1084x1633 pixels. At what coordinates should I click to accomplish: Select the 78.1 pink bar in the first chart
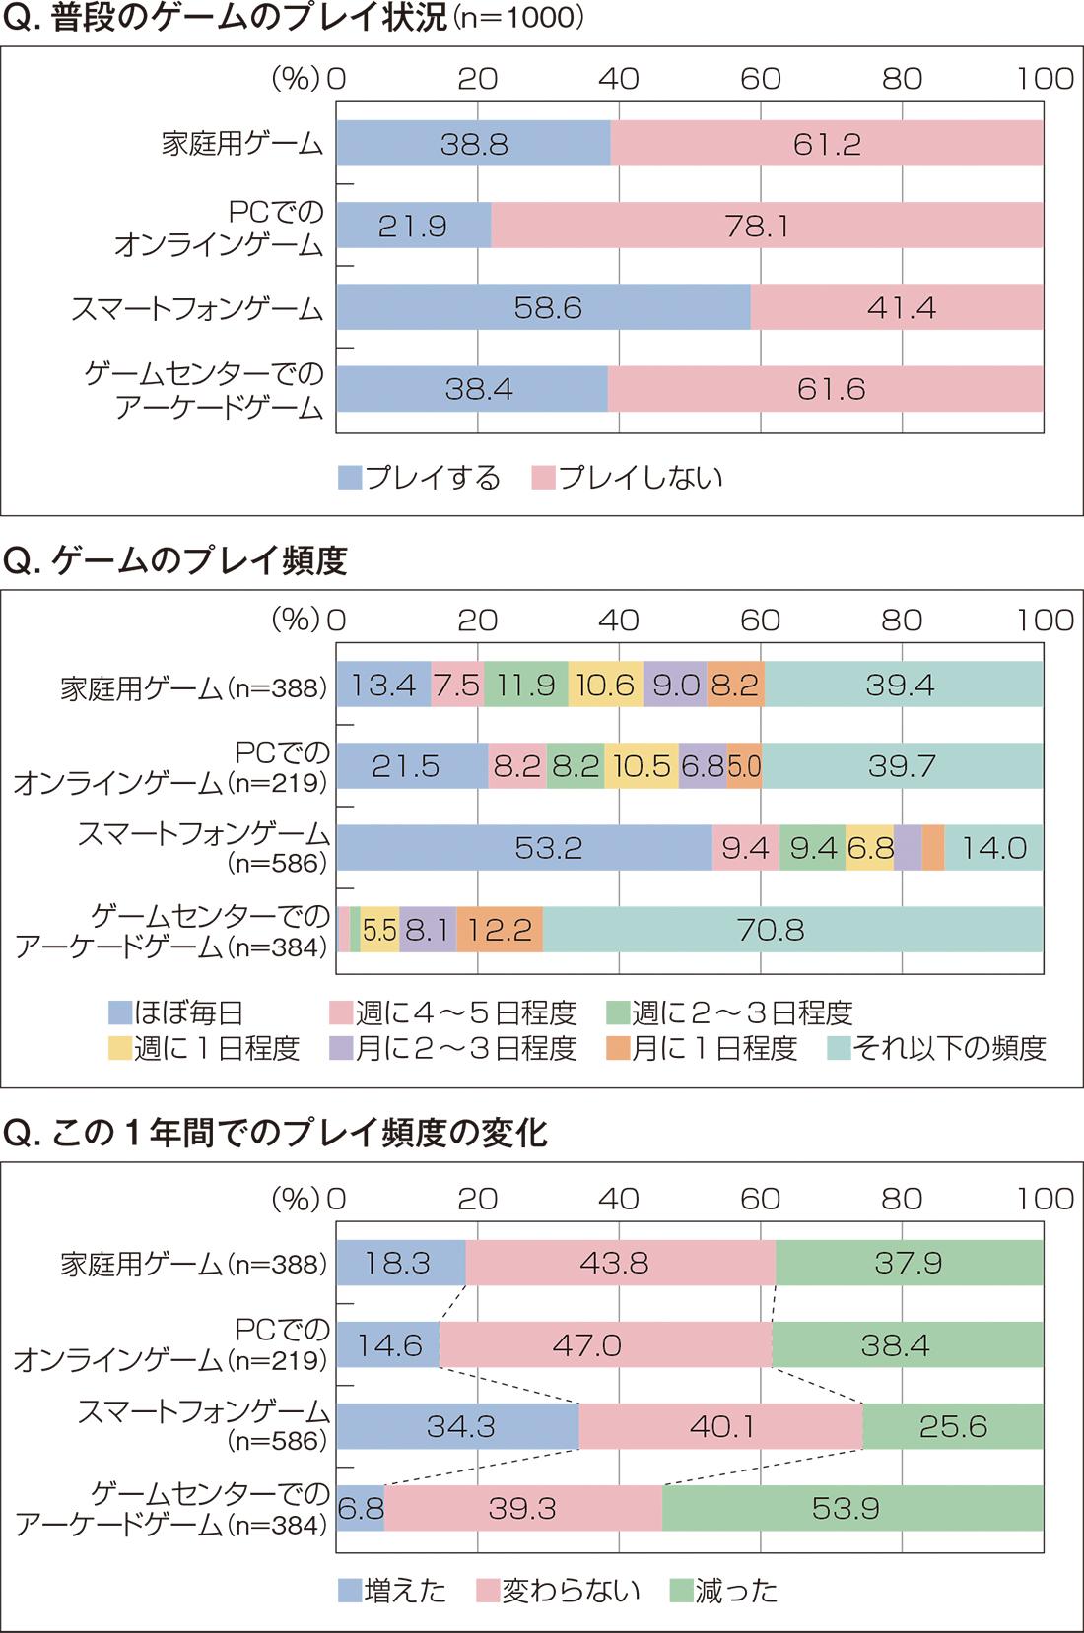point(767,227)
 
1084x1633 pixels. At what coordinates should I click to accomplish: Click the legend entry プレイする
point(420,478)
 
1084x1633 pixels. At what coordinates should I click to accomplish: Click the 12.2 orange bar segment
point(500,930)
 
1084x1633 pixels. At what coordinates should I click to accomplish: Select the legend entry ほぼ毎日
point(176,1012)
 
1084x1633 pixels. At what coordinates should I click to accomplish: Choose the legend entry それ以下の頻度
point(936,1048)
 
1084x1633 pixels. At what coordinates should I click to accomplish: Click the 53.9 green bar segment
point(852,1508)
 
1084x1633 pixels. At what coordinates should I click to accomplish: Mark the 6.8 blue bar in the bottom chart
point(360,1508)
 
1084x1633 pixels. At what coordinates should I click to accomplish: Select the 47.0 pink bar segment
point(605,1344)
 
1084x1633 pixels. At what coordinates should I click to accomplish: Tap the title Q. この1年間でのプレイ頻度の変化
point(275,1134)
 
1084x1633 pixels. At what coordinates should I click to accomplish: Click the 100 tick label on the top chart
point(1046,79)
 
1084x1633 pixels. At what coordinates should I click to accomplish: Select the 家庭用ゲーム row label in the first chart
point(242,145)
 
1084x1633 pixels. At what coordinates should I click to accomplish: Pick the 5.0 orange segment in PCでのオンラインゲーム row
point(744,766)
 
